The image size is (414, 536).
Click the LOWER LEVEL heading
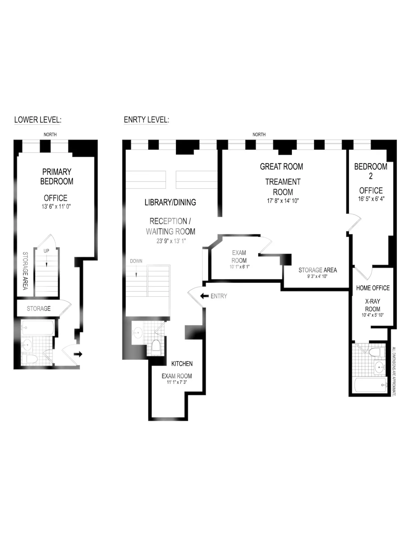coord(38,120)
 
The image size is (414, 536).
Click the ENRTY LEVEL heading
coord(146,120)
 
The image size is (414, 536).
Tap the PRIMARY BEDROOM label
coord(57,176)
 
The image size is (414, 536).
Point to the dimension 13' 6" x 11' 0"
coord(56,206)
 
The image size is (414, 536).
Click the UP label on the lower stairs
coord(46,251)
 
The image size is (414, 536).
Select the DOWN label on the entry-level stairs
coord(136,261)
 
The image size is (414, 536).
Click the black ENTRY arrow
coord(204,296)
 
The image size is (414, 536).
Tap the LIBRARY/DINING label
coord(170,202)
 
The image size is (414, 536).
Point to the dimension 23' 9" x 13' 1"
coord(171,241)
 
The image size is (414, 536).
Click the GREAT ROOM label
coord(282,166)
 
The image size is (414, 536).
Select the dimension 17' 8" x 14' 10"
coord(283,201)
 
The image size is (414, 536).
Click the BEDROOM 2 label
coord(371,171)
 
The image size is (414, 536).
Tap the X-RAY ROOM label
coord(373,305)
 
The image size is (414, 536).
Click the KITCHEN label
coord(182,363)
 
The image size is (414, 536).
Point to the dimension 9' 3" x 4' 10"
coord(317,276)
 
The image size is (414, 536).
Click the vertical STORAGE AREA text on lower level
coord(25,271)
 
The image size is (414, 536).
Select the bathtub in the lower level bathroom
coord(37,327)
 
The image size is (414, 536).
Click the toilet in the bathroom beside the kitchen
coord(156,345)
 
